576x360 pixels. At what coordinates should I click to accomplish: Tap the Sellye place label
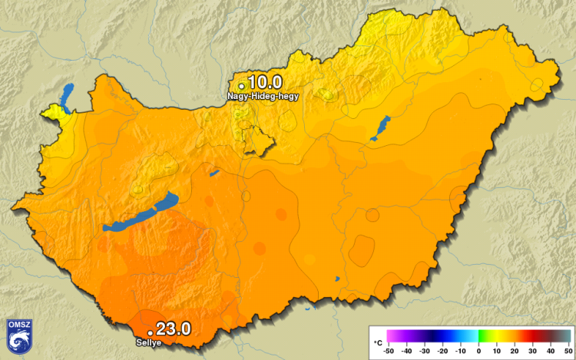tap(148, 342)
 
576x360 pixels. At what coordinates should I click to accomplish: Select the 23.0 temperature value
tap(173, 329)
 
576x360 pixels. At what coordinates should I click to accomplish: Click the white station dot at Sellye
tap(151, 332)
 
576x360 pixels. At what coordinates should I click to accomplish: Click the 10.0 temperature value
tap(265, 82)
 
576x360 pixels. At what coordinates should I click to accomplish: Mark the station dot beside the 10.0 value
tap(241, 85)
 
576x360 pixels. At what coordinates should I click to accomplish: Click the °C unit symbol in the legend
tap(378, 341)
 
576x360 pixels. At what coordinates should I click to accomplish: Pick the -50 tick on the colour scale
tap(389, 351)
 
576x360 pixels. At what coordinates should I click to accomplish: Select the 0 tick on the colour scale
tap(478, 351)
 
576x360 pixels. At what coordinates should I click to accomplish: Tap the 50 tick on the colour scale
tap(567, 351)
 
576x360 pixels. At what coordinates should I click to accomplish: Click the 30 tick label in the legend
tap(531, 351)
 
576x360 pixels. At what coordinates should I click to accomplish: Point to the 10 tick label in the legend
tap(496, 351)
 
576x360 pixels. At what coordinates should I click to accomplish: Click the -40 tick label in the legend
tap(407, 351)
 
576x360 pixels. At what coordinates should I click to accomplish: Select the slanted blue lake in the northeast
tap(381, 127)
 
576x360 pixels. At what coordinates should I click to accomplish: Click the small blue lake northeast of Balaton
tap(214, 173)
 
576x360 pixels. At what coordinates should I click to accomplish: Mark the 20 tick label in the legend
tap(514, 351)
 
